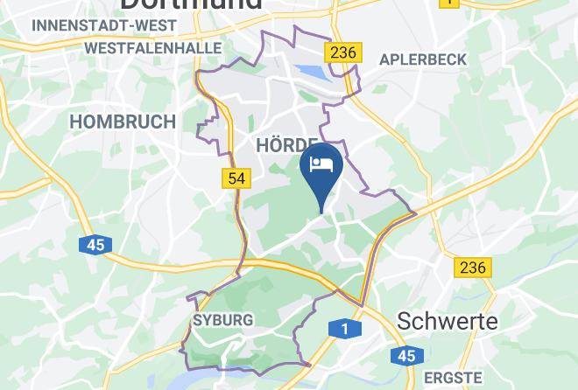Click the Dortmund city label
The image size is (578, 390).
[x=190, y=4]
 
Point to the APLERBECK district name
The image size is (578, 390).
[x=424, y=59]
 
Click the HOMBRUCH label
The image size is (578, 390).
[x=122, y=122]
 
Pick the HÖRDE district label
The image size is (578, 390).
[x=285, y=144]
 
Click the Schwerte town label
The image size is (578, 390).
[x=448, y=321]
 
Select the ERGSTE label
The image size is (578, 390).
[x=452, y=378]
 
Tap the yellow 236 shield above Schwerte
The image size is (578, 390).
[x=472, y=267]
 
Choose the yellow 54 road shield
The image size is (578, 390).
[x=236, y=178]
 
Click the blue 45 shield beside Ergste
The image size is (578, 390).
[x=405, y=356]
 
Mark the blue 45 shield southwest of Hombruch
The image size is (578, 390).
[x=95, y=245]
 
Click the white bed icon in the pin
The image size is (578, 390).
[x=321, y=164]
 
